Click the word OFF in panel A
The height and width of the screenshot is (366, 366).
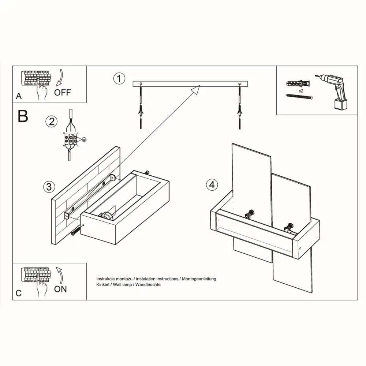62,92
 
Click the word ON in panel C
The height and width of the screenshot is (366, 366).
60,289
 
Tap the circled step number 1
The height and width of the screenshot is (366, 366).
119,78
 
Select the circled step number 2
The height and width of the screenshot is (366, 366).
51,121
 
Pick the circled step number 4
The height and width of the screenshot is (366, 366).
211,185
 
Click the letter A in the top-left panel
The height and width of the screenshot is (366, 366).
19,96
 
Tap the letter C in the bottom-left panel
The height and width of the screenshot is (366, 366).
19,293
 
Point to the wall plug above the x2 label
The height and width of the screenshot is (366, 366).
298,83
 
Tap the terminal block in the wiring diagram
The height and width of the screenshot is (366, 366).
70,139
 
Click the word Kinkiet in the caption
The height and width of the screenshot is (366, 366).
103,284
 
